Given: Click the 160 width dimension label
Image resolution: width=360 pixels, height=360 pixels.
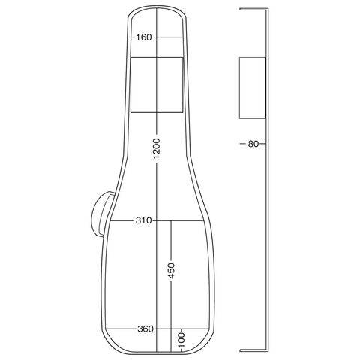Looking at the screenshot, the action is (144, 37).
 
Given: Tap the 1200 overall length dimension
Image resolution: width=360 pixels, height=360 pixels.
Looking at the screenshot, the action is (157, 148).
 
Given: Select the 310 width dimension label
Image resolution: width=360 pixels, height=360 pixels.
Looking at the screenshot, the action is (143, 220).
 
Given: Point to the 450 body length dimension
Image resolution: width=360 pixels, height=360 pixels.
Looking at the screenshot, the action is (171, 271).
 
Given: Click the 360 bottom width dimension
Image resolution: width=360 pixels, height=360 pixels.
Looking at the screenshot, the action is (145, 328).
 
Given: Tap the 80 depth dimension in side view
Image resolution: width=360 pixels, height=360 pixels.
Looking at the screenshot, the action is (253, 144).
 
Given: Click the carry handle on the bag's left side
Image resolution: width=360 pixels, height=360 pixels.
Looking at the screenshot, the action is (100, 214).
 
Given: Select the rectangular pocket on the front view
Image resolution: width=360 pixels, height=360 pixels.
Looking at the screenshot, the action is (157, 85).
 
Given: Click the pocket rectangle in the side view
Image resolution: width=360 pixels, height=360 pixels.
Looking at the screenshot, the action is (253, 88).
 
